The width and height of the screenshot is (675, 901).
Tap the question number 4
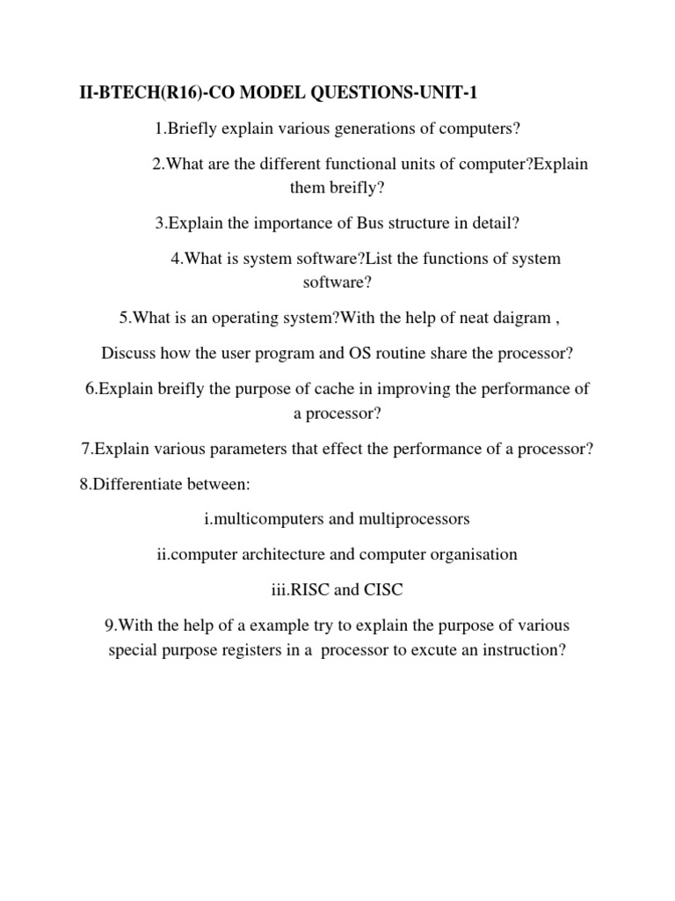point(176,260)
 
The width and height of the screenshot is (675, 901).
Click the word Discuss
point(127,354)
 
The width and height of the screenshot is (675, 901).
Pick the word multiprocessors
point(414,519)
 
